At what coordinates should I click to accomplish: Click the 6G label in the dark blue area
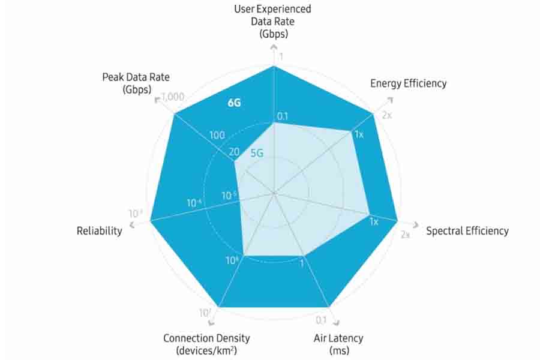click(234, 103)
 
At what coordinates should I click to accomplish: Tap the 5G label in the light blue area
click(257, 153)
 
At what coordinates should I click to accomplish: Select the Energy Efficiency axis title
click(408, 83)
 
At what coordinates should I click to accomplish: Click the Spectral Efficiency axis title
click(467, 231)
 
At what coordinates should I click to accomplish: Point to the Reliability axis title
click(100, 231)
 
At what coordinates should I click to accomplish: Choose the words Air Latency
click(338, 338)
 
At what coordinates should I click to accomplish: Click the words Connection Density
click(206, 338)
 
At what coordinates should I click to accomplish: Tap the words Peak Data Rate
click(136, 77)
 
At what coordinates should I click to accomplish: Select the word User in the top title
click(245, 9)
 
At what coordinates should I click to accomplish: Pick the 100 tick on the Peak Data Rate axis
click(217, 136)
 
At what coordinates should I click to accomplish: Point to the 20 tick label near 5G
click(233, 152)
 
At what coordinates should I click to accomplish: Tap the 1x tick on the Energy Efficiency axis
click(359, 134)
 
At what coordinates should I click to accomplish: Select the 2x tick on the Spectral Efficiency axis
click(405, 235)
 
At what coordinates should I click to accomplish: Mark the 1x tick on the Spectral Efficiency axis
click(373, 222)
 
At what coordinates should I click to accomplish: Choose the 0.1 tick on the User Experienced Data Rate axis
click(283, 116)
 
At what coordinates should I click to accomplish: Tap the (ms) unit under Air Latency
click(338, 352)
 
